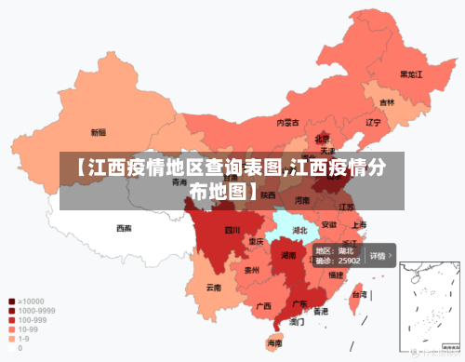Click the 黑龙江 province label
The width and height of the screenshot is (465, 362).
[x=411, y=74]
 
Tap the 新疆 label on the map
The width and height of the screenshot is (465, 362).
[x=98, y=132]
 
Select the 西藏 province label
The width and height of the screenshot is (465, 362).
[x=124, y=227]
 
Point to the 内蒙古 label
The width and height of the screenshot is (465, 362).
[x=288, y=122]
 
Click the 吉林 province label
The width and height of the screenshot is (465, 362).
[x=387, y=102]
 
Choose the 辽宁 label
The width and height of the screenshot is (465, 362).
[x=374, y=122]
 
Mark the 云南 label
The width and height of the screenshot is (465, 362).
[x=214, y=288]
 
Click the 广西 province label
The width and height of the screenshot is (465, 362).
[x=263, y=305]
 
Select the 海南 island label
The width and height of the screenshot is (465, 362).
[x=274, y=343]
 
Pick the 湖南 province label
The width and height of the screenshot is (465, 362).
[x=288, y=255]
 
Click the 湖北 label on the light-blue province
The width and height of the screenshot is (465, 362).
[x=299, y=229]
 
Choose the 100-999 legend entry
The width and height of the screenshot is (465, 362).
[x=31, y=320]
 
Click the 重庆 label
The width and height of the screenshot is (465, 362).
[x=256, y=241]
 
